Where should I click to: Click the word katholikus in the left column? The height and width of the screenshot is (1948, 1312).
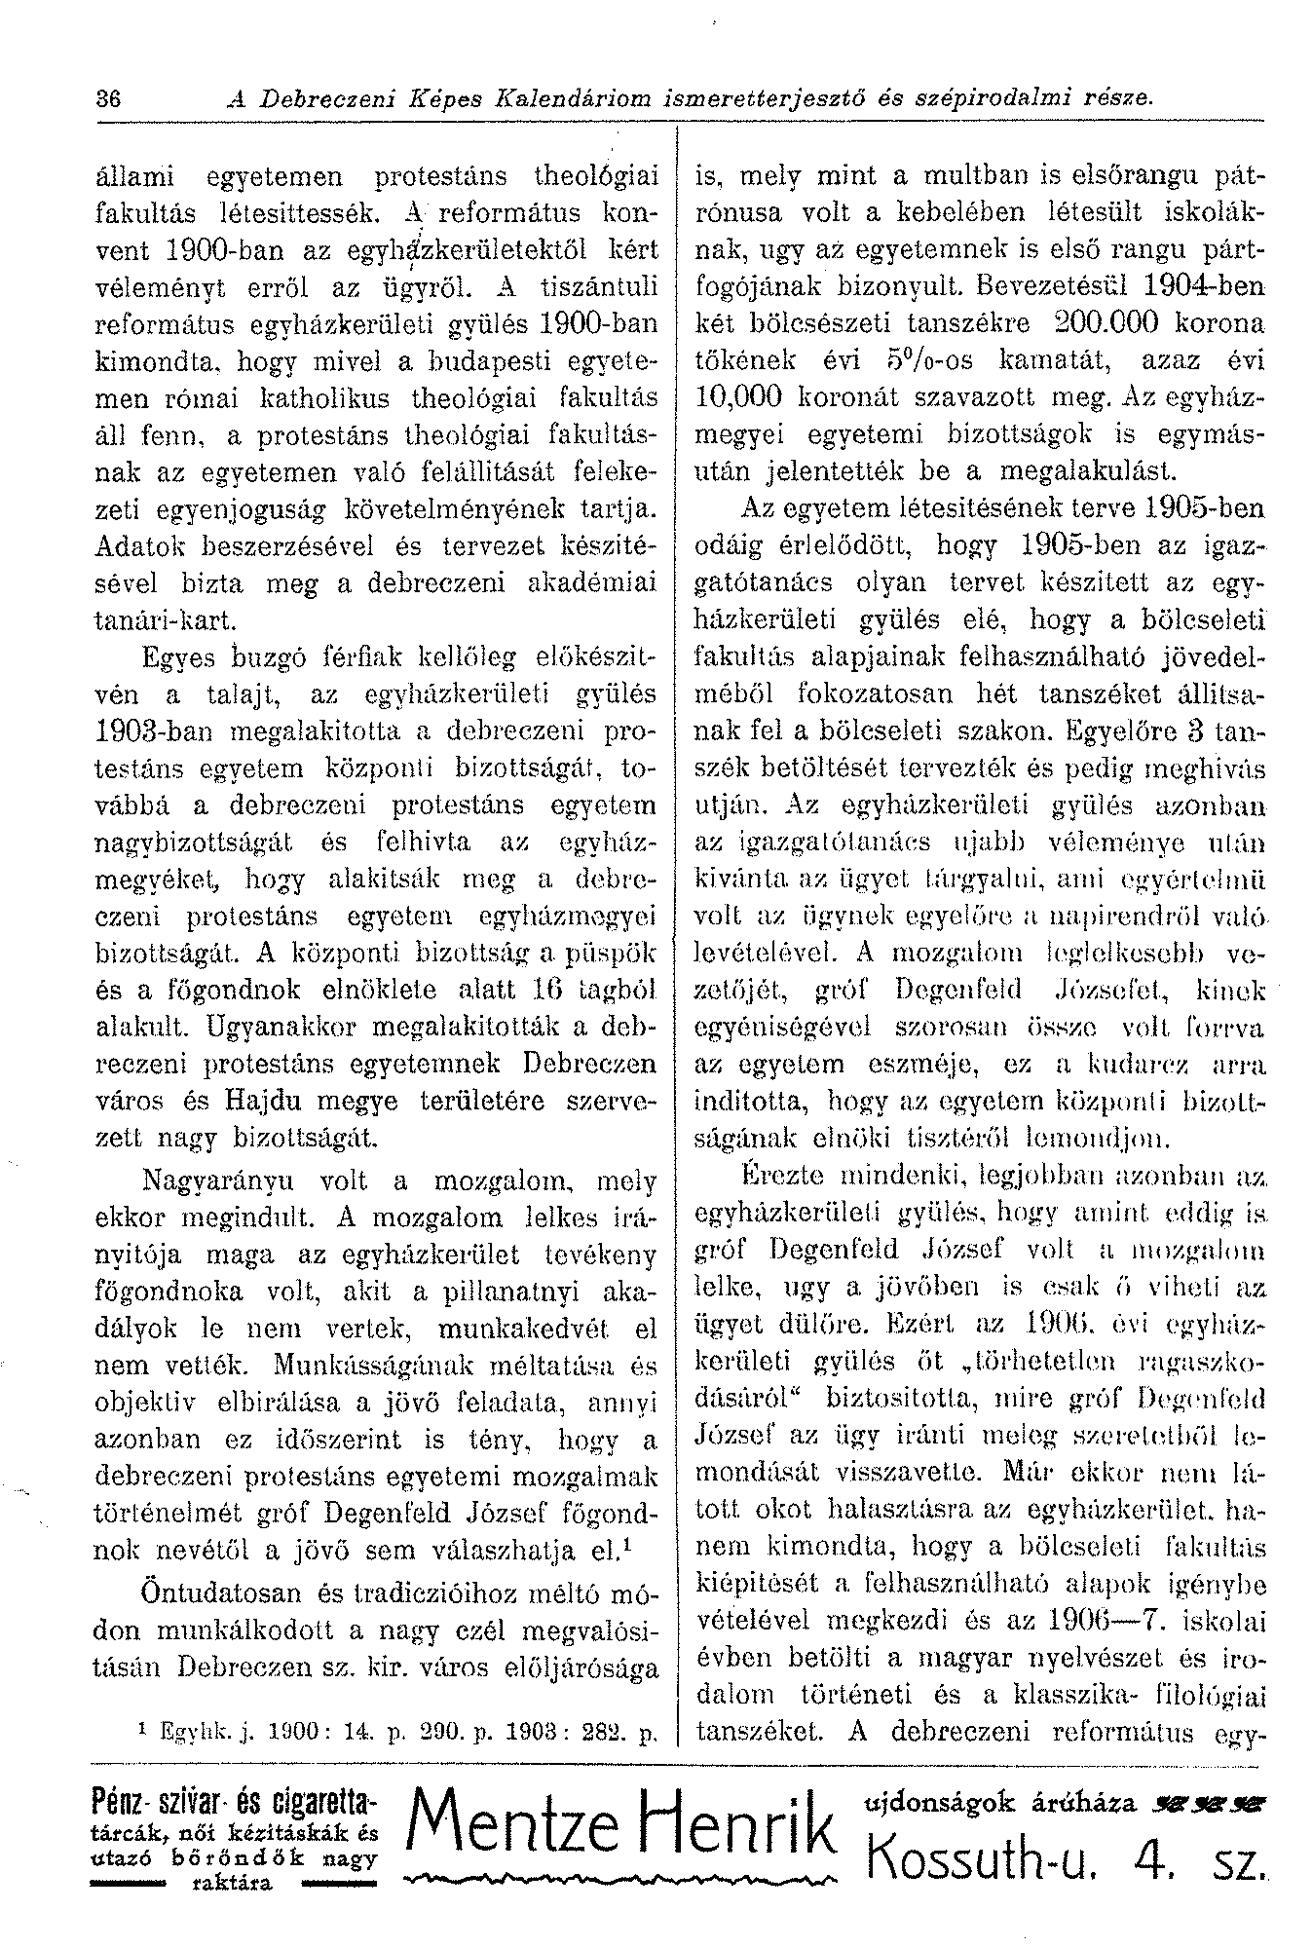337,397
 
